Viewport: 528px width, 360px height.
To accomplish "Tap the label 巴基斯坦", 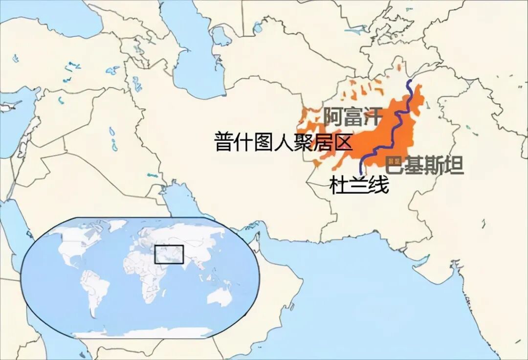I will tap(424, 165).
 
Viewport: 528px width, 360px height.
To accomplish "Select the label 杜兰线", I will tap(359, 186).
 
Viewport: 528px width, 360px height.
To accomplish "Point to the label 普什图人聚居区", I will tap(284, 142).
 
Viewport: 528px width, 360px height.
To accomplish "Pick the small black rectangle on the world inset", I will tap(169, 254).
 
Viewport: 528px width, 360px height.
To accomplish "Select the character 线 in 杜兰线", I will tap(379, 186).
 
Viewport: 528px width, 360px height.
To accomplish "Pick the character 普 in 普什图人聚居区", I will tap(224, 142).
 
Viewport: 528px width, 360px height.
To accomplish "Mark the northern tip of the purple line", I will tap(410, 80).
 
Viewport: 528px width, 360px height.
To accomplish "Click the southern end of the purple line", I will tap(361, 173).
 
